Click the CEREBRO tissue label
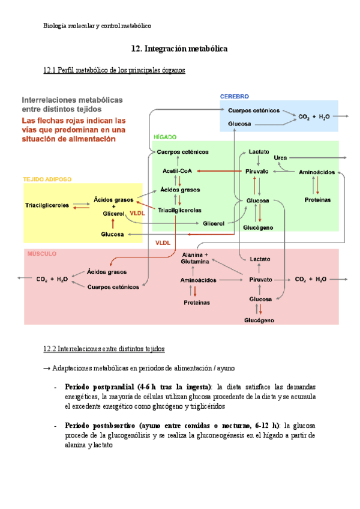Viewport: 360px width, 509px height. (235, 97)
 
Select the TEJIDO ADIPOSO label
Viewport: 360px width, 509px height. (47, 179)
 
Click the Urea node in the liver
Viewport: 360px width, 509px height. (280, 157)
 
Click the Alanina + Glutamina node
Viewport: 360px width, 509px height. (194, 258)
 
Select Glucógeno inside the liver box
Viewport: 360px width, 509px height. (259, 228)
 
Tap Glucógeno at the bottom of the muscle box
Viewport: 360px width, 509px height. (259, 321)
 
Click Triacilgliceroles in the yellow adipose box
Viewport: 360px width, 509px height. (48, 205)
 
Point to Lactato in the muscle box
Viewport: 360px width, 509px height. (260, 259)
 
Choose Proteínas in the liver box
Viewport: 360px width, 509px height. (318, 199)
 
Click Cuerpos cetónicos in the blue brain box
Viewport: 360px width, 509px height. (254, 110)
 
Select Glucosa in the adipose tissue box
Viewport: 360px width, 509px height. (113, 234)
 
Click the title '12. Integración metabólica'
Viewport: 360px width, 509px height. (179, 48)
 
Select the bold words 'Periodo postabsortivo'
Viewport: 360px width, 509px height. (101, 425)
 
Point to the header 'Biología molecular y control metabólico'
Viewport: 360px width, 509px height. (98, 26)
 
